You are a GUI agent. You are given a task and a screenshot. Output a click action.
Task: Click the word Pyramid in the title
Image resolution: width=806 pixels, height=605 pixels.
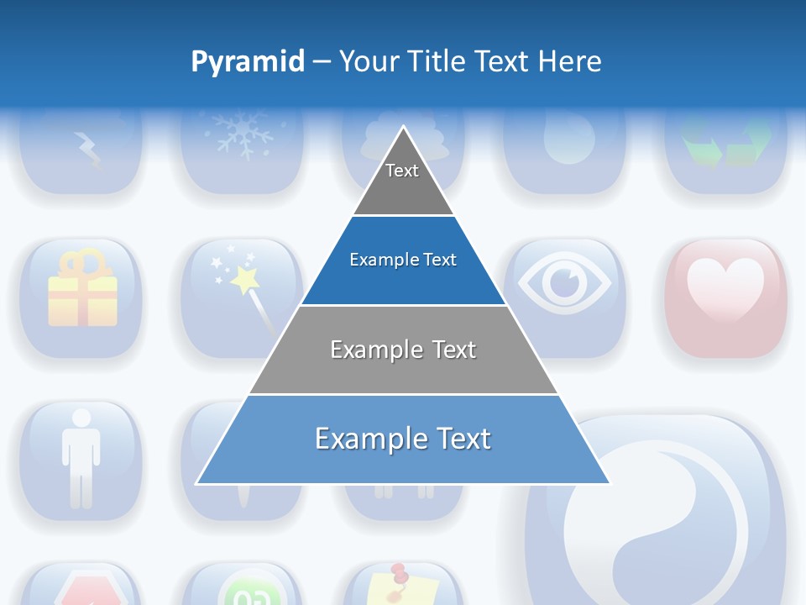pos(248,62)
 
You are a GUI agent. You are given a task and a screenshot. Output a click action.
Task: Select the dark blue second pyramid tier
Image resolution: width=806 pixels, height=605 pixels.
pos(403,260)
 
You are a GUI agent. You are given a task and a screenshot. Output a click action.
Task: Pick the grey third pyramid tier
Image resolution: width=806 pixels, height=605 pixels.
pos(403,350)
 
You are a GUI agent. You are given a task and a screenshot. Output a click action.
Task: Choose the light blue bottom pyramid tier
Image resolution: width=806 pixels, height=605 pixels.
pos(403,439)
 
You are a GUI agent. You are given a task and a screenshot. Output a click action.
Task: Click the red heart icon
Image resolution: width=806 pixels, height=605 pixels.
pos(725,290)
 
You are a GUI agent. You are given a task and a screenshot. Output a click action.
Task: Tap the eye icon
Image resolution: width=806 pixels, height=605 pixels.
pos(564,283)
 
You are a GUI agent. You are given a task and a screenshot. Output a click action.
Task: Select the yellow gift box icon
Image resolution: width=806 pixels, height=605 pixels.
pos(81,290)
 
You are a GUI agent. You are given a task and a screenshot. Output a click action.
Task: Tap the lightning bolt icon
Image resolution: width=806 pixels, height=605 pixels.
pos(87,150)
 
